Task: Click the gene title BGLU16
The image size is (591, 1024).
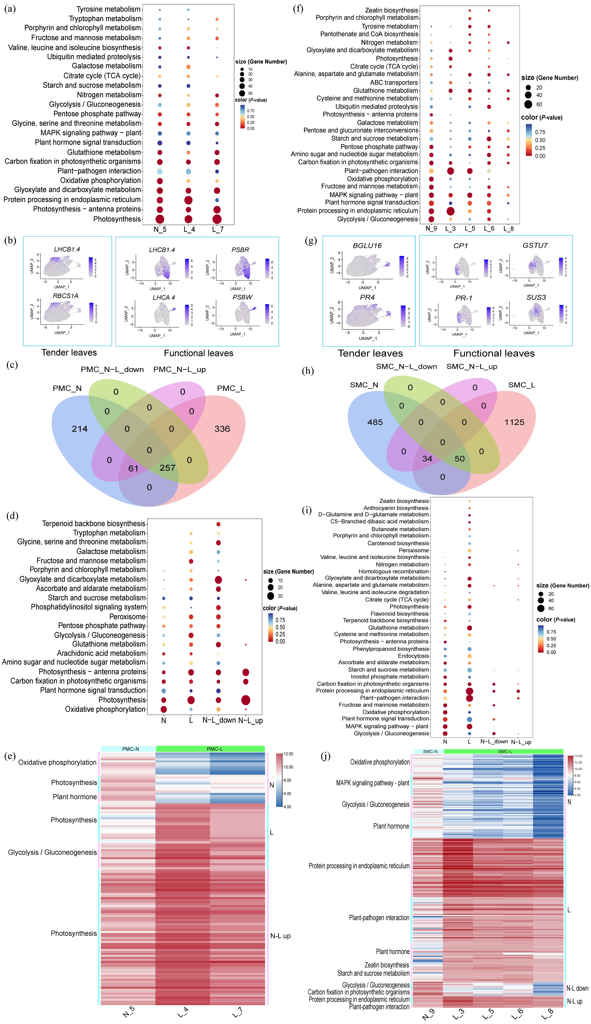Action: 367,246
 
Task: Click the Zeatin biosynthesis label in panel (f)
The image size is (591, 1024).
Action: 391,10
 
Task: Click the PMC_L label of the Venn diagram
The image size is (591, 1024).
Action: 231,388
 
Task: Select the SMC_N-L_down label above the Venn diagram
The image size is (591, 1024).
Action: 406,367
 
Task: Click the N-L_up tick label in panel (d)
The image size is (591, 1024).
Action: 250,720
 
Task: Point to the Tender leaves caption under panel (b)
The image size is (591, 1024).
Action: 69,352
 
